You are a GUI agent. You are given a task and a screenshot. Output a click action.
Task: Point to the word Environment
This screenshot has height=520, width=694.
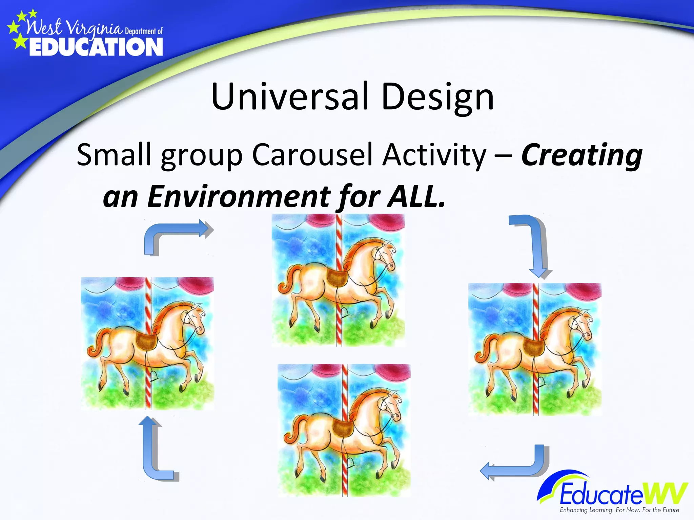239,196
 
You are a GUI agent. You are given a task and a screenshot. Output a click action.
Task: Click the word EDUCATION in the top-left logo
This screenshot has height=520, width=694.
96,47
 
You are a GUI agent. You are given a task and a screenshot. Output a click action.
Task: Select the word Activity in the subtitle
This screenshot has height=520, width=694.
434,155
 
